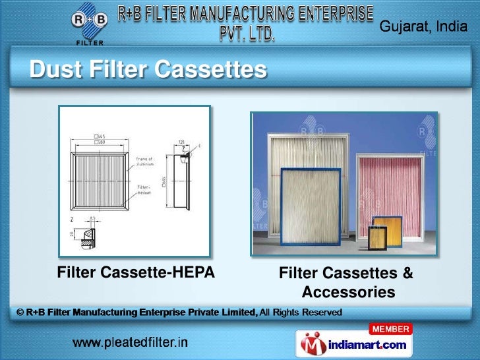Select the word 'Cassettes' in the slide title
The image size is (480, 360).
pos(218,69)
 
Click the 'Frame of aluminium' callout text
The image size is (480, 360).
pos(144,162)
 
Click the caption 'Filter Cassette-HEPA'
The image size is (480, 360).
pos(136,272)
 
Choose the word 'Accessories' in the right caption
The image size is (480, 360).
pos(348,291)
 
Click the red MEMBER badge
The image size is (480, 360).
pos(390,328)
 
